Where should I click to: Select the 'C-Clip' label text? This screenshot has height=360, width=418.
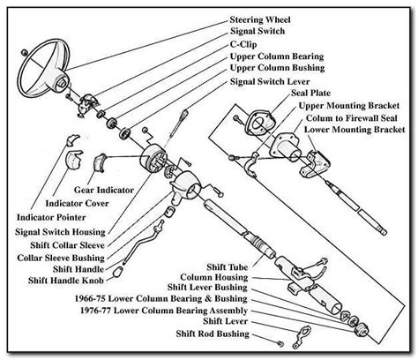tap(250, 42)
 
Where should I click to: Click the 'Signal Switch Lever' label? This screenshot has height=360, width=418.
tap(274, 81)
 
